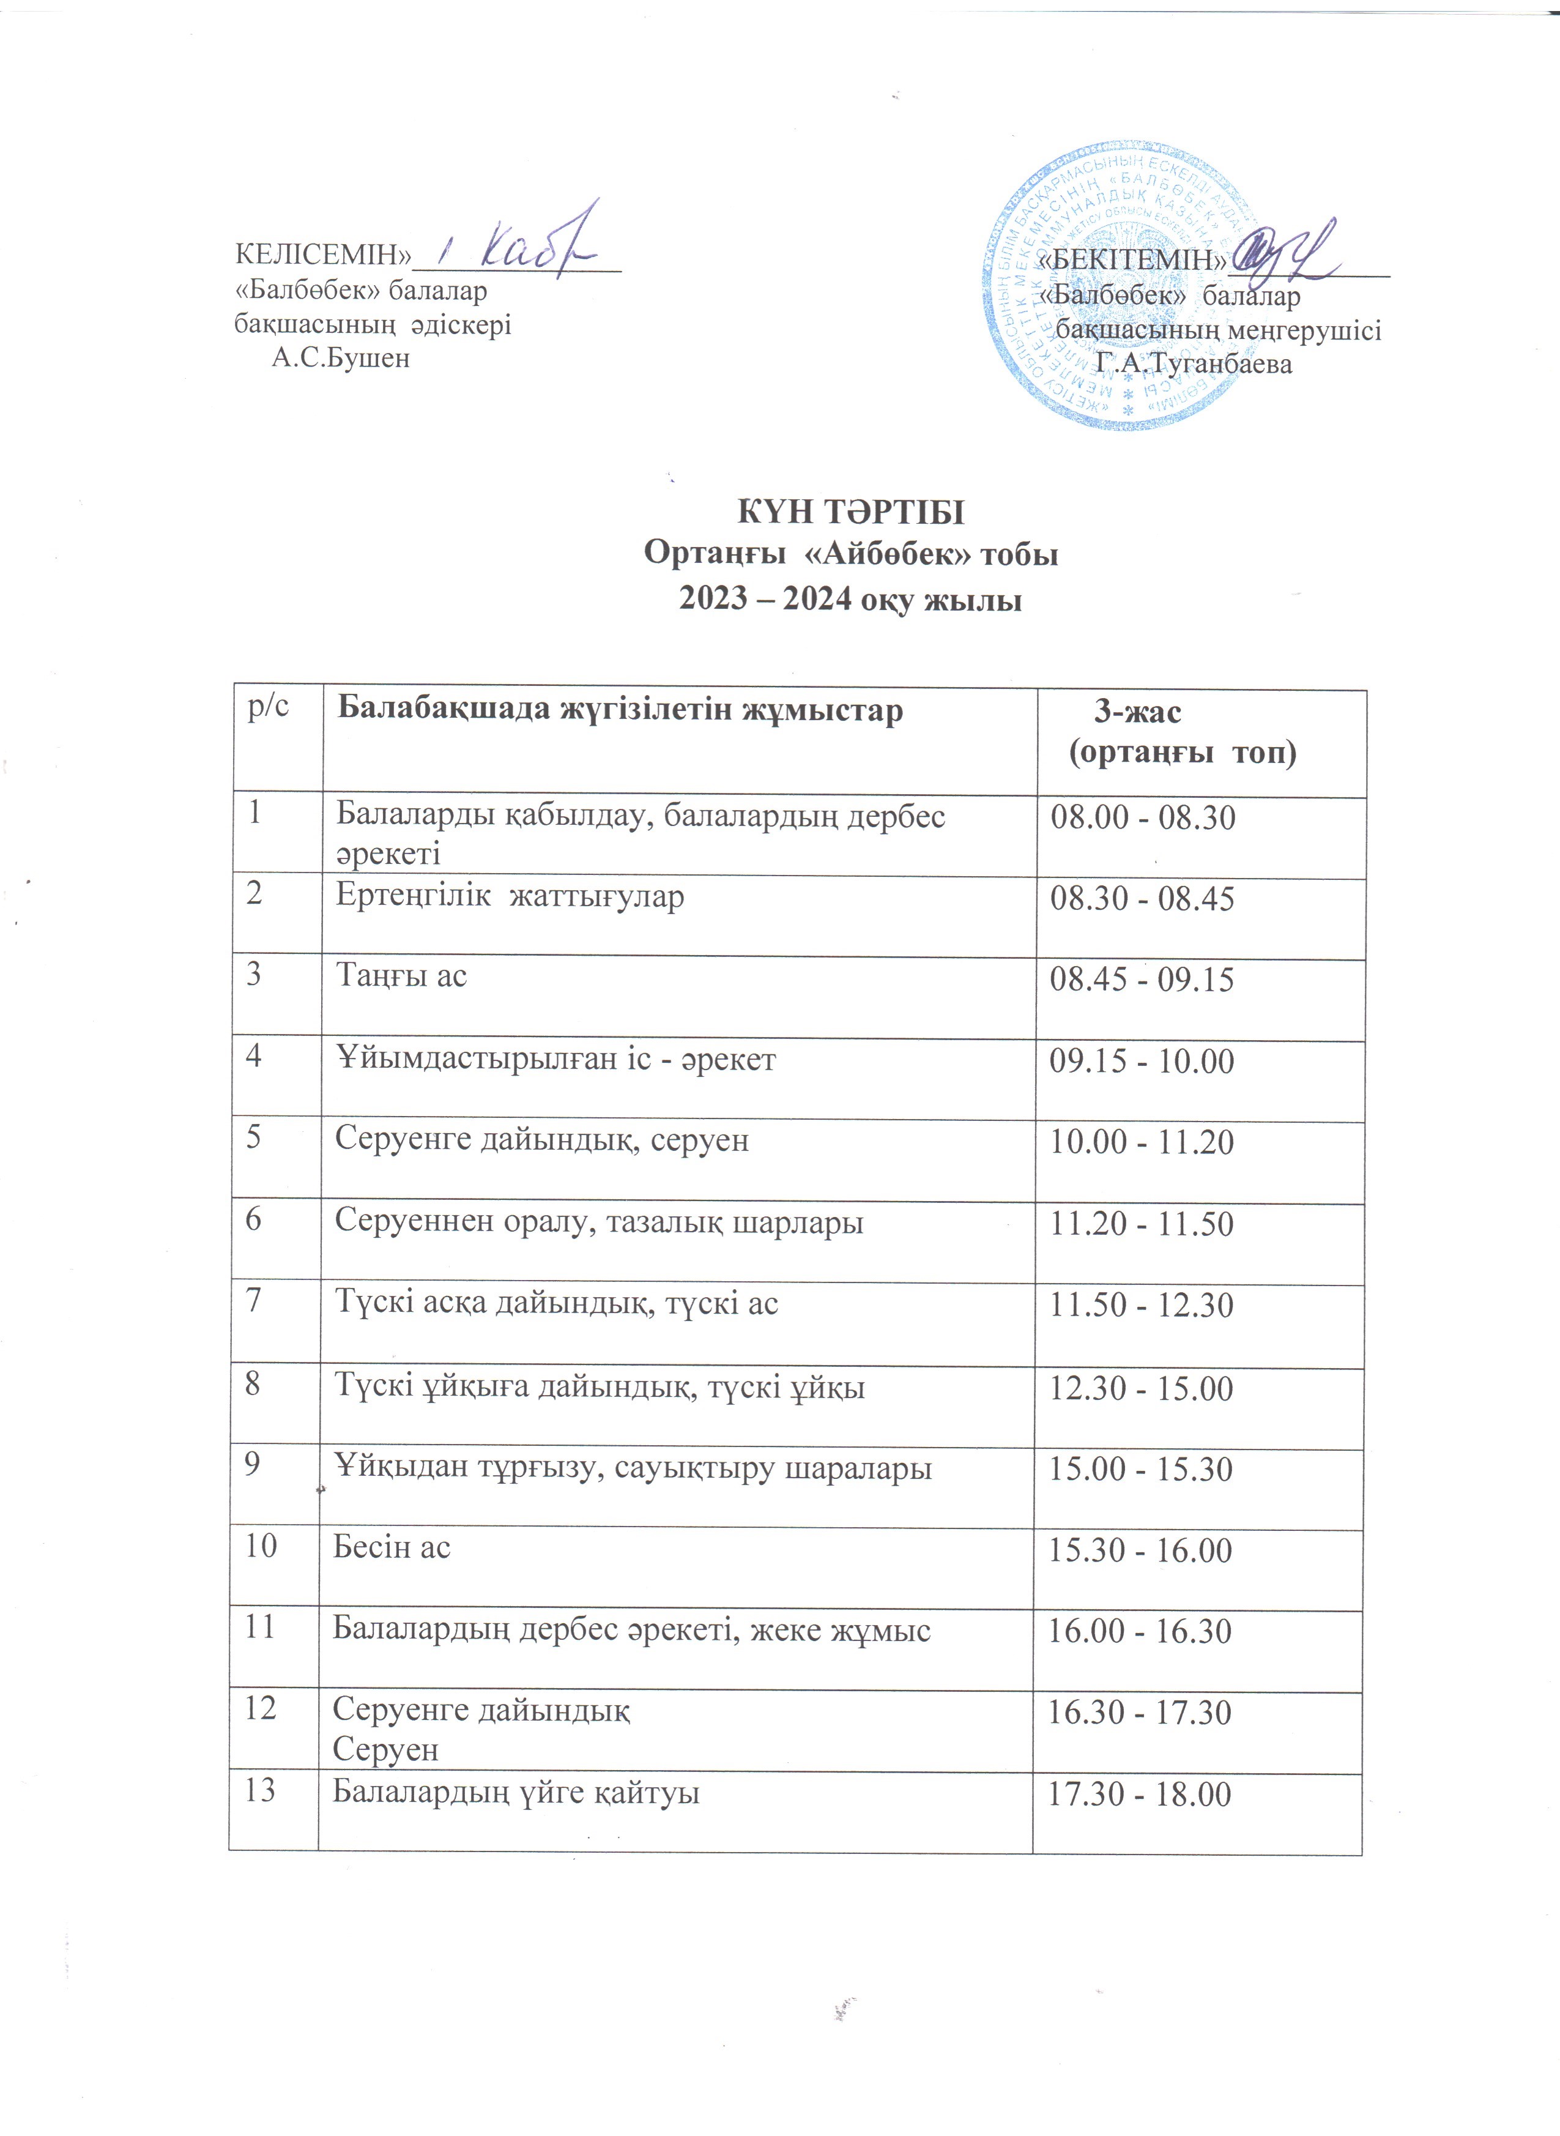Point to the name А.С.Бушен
[x=340, y=359]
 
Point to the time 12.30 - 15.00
[x=1142, y=1389]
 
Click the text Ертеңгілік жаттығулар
[x=510, y=896]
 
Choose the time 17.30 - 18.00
[x=1140, y=1794]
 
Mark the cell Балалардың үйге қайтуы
[x=516, y=1792]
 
